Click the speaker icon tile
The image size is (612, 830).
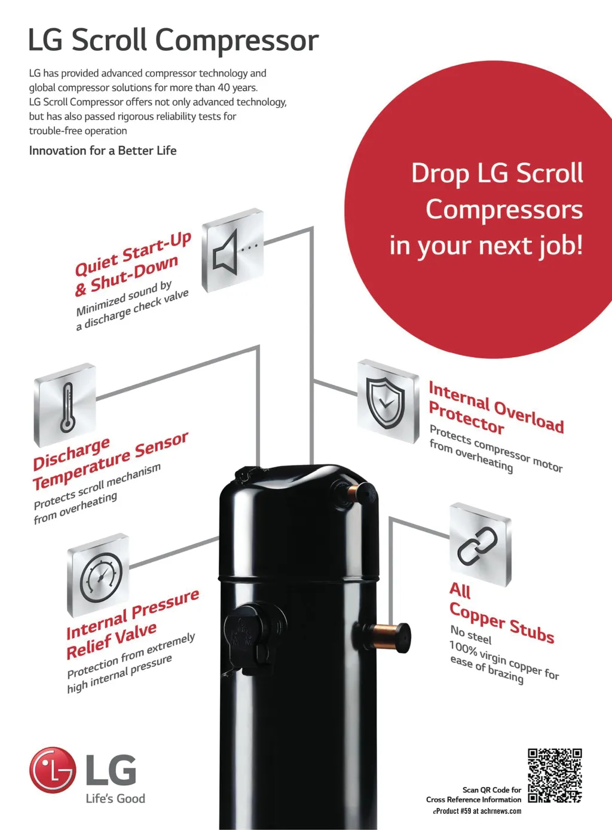tap(233, 250)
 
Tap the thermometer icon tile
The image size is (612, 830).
tap(65, 405)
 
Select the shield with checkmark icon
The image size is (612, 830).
tap(385, 403)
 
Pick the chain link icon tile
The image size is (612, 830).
tap(481, 544)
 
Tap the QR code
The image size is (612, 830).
tap(555, 776)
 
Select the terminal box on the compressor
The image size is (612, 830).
tap(252, 638)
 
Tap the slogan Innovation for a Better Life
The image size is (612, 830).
tap(103, 151)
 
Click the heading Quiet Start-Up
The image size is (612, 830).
tap(133, 254)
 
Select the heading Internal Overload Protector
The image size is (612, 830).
tap(496, 408)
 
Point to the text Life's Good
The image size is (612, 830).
tap(116, 798)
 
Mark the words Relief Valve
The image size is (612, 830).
tap(112, 641)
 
